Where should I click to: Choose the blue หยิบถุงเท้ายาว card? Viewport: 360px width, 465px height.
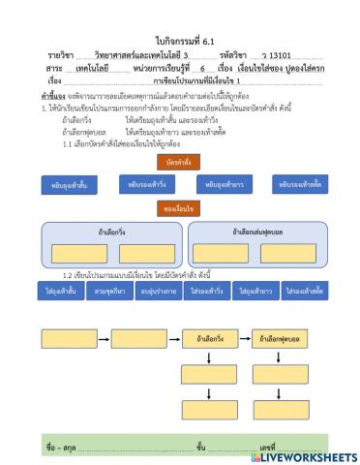(x=224, y=183)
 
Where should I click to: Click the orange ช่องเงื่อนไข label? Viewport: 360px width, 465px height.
(x=179, y=208)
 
